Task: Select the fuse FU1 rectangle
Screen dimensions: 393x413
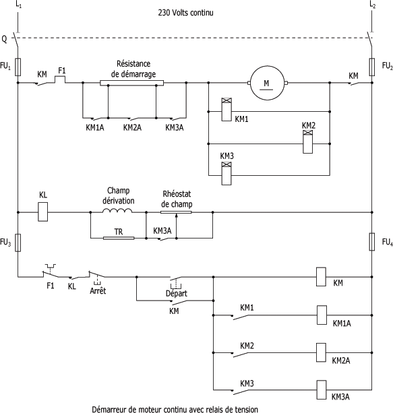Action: (x=18, y=67)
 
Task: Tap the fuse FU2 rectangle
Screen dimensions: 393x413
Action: (x=371, y=67)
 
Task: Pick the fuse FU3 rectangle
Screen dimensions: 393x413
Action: (x=18, y=243)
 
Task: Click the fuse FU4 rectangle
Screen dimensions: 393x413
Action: (x=371, y=242)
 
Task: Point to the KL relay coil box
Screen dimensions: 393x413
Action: (x=43, y=212)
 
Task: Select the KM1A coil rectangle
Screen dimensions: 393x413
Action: (x=322, y=315)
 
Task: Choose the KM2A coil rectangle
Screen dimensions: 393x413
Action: (x=321, y=352)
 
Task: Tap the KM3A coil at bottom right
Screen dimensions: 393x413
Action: (x=322, y=389)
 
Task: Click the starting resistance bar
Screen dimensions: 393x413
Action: (x=132, y=83)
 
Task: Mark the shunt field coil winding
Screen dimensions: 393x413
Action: (x=117, y=210)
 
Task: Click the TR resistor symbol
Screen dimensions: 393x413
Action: (x=119, y=238)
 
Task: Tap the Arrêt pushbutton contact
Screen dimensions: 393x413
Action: (x=96, y=276)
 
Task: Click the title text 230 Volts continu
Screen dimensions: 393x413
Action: (x=185, y=12)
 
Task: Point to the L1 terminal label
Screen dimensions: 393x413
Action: (x=18, y=5)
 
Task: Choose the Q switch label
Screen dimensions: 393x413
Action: (x=4, y=39)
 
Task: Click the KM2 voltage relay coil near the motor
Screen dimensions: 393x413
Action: (x=307, y=141)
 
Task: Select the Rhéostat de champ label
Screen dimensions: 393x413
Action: (x=177, y=199)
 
